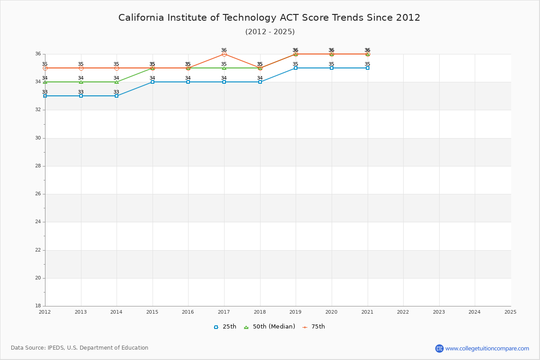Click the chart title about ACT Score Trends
point(269,18)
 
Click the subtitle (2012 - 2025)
point(270,31)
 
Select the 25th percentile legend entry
point(225,327)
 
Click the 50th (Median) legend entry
point(269,327)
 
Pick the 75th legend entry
point(314,327)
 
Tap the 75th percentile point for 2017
point(224,54)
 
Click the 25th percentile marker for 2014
point(117,96)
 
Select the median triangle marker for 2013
point(81,82)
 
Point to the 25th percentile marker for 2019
point(296,68)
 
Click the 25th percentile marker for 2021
point(368,68)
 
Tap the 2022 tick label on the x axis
point(403,312)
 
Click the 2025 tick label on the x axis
point(510,312)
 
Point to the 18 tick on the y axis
point(38,306)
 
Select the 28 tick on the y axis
point(38,166)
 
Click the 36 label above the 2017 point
point(224,50)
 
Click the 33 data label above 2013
point(81,92)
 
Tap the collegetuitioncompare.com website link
point(487,348)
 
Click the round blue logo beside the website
point(439,348)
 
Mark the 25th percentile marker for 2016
point(188,82)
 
